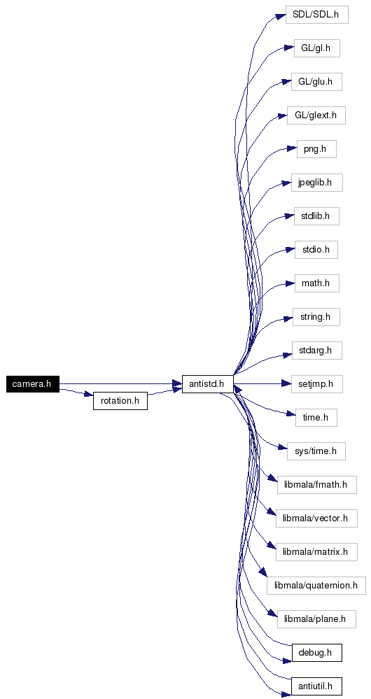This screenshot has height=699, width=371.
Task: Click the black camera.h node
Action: click(x=33, y=384)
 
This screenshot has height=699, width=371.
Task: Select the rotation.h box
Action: click(x=120, y=401)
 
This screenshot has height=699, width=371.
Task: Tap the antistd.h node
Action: click(x=208, y=384)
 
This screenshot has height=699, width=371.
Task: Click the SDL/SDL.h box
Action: click(x=316, y=15)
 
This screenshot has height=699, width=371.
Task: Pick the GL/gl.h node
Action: click(x=316, y=48)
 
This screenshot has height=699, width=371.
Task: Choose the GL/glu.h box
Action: click(x=316, y=82)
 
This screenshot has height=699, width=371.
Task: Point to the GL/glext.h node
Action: click(x=316, y=115)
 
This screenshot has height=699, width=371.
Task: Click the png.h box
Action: click(x=316, y=149)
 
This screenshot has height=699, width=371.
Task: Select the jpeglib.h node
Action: click(x=316, y=183)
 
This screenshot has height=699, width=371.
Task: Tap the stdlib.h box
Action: click(x=316, y=216)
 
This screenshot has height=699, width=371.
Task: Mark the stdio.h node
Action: click(x=316, y=250)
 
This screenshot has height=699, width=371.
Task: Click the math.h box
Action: click(x=316, y=283)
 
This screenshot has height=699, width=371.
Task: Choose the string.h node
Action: click(x=316, y=317)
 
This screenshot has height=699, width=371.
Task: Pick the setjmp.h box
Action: click(x=316, y=384)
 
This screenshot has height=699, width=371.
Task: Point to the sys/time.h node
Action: click(x=316, y=451)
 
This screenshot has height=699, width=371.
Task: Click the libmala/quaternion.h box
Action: click(x=316, y=586)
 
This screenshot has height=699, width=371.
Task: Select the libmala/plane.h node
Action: click(x=316, y=619)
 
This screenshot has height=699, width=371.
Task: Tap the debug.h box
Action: click(x=316, y=653)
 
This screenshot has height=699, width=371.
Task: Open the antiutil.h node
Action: click(x=316, y=686)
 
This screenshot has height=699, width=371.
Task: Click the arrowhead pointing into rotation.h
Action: click(x=88, y=395)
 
